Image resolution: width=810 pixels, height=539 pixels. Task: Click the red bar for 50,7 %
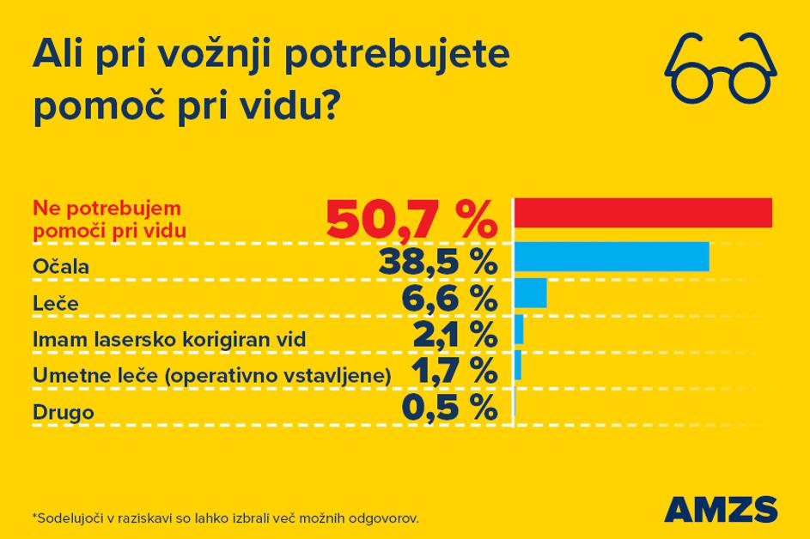[x=643, y=212]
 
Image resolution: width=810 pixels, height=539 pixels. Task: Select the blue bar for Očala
[x=612, y=257]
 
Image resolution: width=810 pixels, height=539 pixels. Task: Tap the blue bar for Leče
[x=530, y=293]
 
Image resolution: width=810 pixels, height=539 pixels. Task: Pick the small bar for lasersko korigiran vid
[x=519, y=330]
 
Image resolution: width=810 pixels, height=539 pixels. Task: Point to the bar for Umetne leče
[x=518, y=366]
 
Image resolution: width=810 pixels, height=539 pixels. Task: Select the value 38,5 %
[x=436, y=262]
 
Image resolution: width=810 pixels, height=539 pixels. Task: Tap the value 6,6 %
[x=449, y=299]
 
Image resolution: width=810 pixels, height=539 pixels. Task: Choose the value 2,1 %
[x=454, y=335]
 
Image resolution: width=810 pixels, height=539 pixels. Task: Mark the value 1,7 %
[x=454, y=372]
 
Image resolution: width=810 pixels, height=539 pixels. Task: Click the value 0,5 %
[x=449, y=408]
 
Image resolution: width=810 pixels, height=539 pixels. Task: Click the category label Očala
[x=61, y=267]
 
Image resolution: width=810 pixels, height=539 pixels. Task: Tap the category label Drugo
[x=63, y=413]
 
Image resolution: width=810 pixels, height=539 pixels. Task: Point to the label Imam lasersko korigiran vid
[x=169, y=340]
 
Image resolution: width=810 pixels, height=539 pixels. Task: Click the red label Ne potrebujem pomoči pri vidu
[x=109, y=219]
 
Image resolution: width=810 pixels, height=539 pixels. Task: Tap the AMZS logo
[x=721, y=508]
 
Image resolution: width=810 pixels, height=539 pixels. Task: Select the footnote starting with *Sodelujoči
[x=225, y=518]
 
